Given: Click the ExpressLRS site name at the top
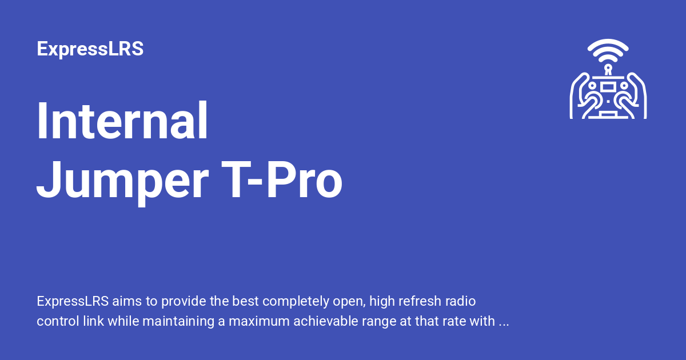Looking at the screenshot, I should point(90,49).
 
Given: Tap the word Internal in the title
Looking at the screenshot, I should point(122,121).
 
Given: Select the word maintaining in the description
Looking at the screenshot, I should point(178,322).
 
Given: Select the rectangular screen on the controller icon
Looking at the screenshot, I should point(608,86).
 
